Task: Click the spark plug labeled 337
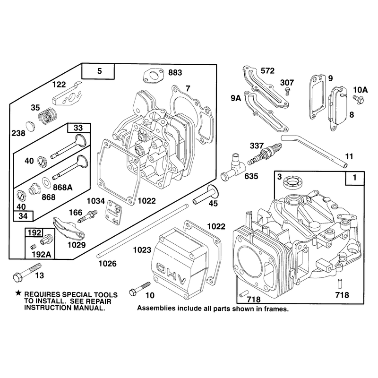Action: (x=265, y=154)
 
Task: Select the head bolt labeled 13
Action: (x=27, y=273)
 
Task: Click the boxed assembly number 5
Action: (x=100, y=71)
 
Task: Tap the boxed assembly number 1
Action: (x=354, y=178)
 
